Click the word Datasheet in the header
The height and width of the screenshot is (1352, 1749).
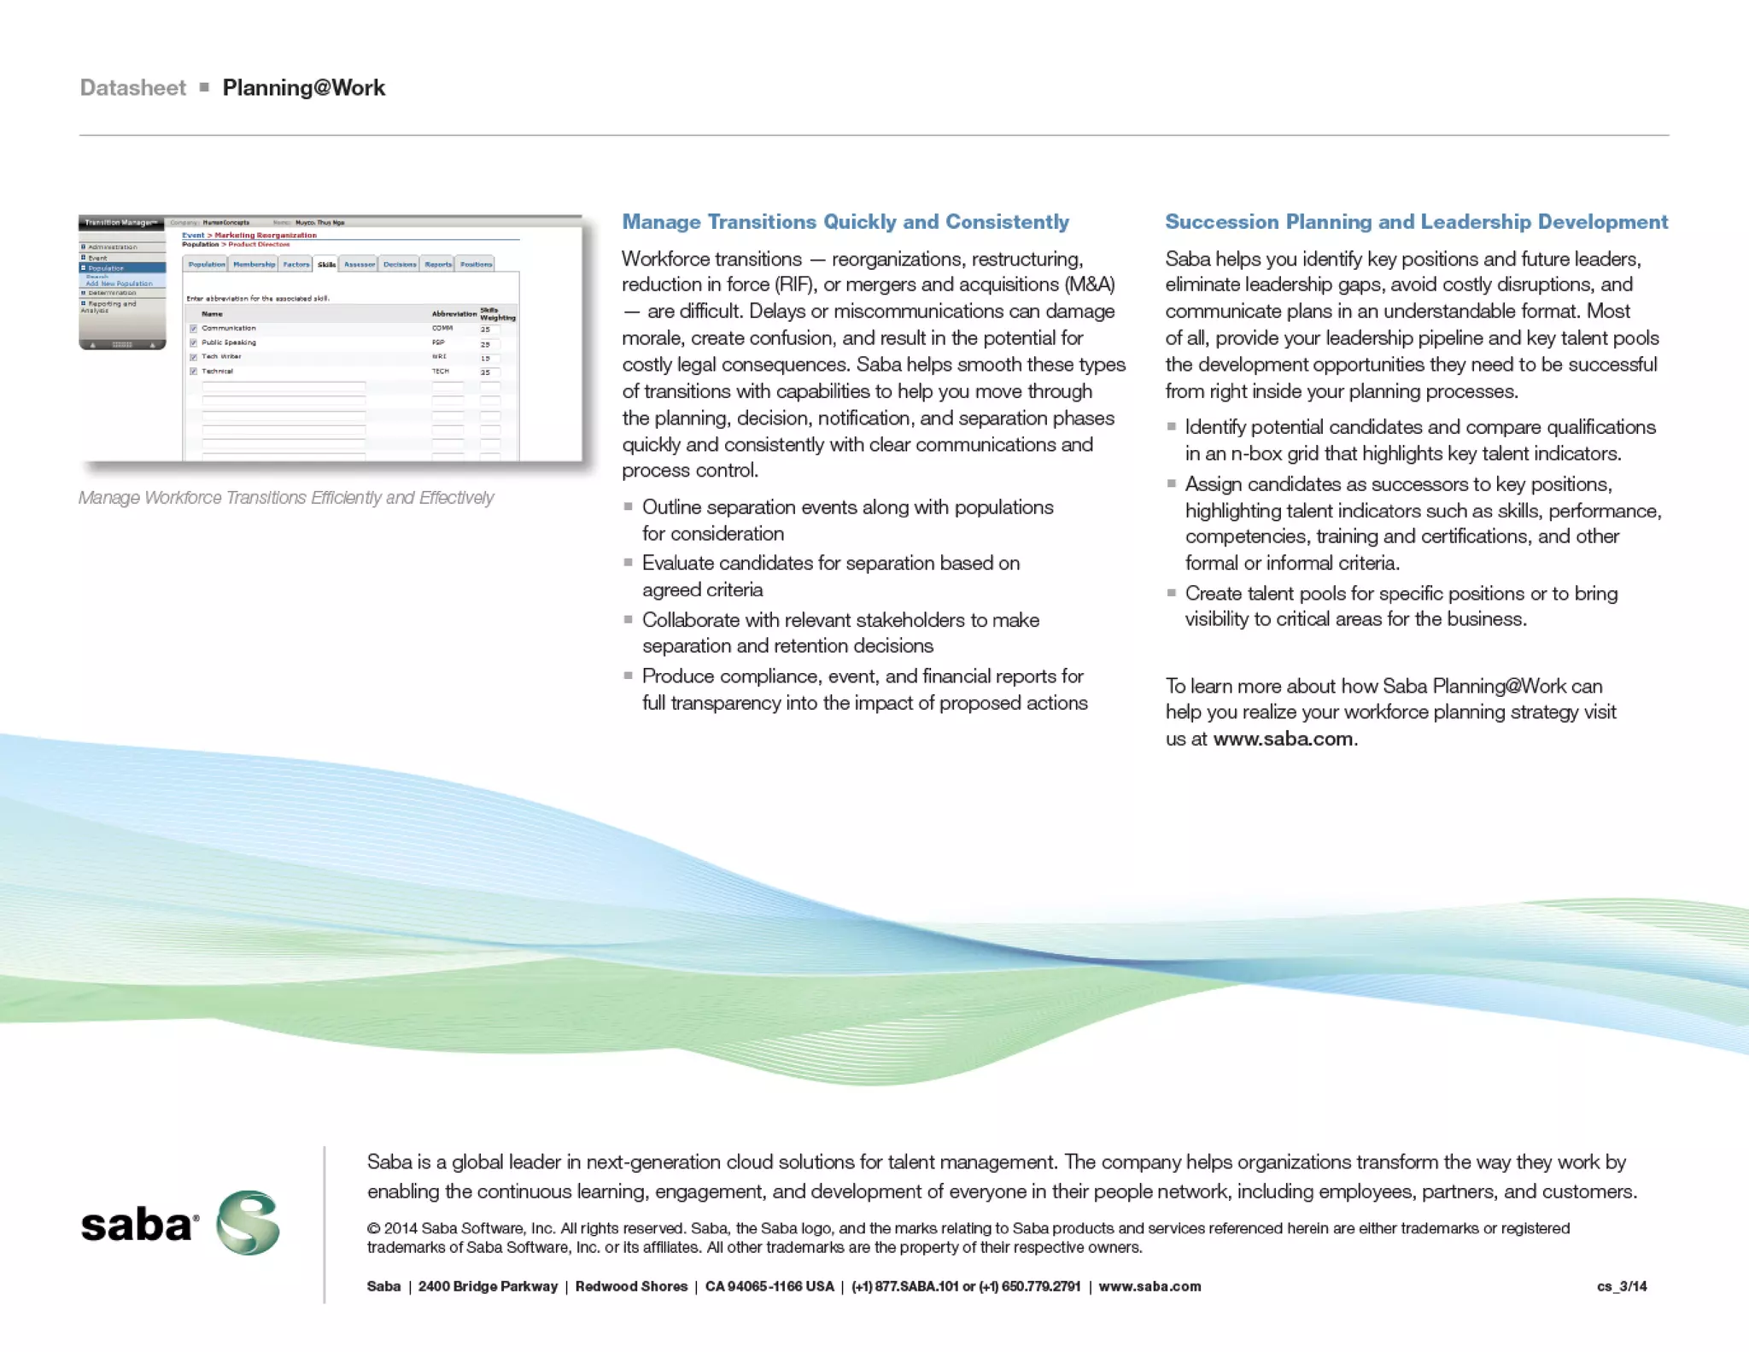click(132, 88)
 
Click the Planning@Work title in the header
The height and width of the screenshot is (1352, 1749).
click(303, 88)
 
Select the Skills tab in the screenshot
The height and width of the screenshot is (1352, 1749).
click(326, 265)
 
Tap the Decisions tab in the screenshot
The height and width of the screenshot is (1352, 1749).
click(399, 265)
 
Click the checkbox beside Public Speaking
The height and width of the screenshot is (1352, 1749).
click(194, 342)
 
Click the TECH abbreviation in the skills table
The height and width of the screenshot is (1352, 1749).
click(440, 372)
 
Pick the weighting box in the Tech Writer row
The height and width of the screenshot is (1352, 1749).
click(488, 358)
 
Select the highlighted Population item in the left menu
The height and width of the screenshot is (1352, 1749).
click(107, 268)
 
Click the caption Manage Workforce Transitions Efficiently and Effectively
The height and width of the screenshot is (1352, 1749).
click(286, 498)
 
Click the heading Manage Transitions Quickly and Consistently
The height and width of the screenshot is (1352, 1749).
click(845, 222)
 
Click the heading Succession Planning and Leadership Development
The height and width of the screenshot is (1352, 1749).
click(1416, 222)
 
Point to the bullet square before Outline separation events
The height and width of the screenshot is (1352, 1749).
click(629, 506)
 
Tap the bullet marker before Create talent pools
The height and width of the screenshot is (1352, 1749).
click(1172, 593)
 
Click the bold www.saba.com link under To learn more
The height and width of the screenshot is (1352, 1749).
click(1283, 739)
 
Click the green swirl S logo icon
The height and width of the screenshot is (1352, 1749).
click(248, 1222)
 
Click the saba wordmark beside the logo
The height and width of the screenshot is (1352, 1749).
click(137, 1226)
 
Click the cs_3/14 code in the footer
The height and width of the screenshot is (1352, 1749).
click(1621, 1286)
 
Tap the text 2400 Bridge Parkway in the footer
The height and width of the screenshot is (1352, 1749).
click(488, 1286)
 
